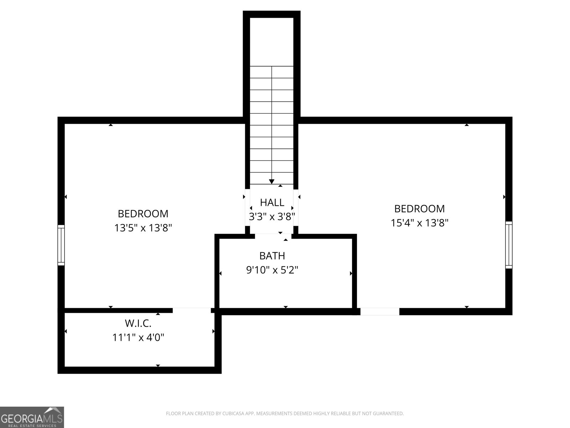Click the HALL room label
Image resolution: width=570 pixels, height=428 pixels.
click(272, 203)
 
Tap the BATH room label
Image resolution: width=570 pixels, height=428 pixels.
click(272, 256)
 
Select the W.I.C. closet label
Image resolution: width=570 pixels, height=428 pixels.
click(138, 323)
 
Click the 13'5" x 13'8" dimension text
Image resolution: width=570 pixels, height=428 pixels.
click(143, 228)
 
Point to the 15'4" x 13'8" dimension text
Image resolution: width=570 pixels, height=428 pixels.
click(419, 223)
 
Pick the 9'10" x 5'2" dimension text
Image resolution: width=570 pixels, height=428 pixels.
click(272, 270)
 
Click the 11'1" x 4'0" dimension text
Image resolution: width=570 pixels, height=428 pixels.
click(138, 337)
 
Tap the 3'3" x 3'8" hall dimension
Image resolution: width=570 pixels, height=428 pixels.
click(272, 216)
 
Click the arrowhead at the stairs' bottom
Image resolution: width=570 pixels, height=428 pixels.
click(272, 182)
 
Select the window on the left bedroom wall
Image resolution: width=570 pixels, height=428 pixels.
click(61, 245)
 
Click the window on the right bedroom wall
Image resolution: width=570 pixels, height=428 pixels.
click(509, 245)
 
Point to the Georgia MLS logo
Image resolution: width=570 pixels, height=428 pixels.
click(32, 417)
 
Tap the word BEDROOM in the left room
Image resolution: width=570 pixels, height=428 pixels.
click(143, 214)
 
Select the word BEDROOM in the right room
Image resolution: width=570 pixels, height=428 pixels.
click(419, 209)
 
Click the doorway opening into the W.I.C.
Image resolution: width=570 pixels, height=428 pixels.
click(192, 310)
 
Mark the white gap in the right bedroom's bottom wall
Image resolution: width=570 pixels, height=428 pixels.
click(379, 311)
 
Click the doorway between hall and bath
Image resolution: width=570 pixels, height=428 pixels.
click(273, 236)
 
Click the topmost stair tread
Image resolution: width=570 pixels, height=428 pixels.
click(272, 72)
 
